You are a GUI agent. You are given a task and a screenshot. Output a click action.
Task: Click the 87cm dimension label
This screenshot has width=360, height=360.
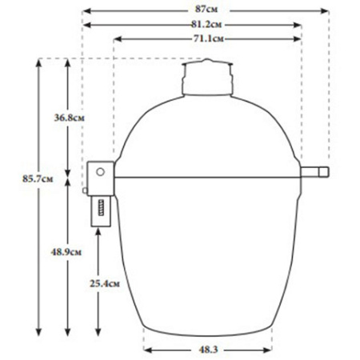207,9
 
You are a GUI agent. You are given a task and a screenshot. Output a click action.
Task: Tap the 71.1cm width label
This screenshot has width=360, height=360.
207,38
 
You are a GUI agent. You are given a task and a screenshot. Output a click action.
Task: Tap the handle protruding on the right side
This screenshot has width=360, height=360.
316,172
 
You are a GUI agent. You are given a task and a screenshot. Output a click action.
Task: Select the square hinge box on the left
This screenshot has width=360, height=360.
101,172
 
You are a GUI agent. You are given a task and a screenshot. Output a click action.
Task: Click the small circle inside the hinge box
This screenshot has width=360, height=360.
101,170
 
